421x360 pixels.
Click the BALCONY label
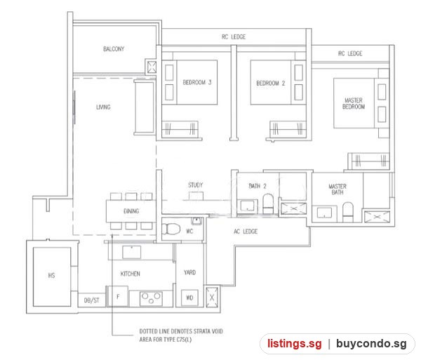[x=114, y=49]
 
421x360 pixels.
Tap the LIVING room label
[x=103, y=107]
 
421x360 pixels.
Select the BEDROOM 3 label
[x=197, y=82]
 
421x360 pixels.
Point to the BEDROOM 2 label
[x=271, y=84]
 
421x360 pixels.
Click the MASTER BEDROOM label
[x=354, y=104]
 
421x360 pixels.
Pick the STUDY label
[x=196, y=185]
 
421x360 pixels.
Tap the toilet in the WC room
[x=171, y=229]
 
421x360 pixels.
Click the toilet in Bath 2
[x=268, y=204]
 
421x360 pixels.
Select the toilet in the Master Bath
[x=348, y=212]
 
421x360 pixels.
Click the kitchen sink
[x=132, y=252]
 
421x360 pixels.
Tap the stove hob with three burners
[x=151, y=299]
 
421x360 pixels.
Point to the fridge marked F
[x=118, y=296]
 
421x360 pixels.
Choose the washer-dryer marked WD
[x=189, y=298]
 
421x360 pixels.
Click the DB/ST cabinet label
[x=91, y=300]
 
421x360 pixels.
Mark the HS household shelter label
[x=51, y=275]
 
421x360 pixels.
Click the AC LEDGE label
[x=246, y=232]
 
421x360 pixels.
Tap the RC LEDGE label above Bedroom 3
[x=234, y=36]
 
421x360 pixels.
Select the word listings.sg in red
[x=295, y=344]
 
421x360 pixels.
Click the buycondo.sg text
[x=371, y=344]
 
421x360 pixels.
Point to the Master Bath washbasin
[x=324, y=213]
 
